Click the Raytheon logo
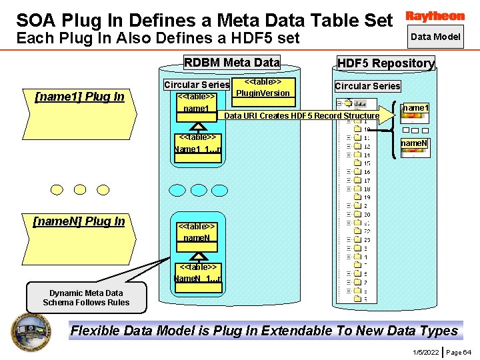435,16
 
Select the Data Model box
435,37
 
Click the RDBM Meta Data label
231,63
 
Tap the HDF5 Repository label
386,63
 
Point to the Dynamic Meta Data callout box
86,298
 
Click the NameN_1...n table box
197,273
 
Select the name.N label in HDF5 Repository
414,143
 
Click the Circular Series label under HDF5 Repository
367,86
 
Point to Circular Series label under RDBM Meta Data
196,85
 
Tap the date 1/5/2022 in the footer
425,351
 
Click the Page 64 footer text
458,351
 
